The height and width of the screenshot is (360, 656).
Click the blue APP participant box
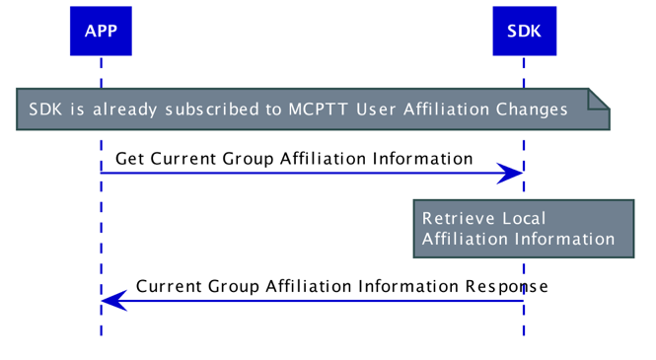click(100, 32)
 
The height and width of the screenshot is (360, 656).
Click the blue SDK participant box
click(524, 32)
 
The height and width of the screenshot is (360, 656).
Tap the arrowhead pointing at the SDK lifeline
click(510, 174)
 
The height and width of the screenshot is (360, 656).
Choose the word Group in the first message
click(249, 159)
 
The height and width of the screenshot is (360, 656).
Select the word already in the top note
click(124, 109)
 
